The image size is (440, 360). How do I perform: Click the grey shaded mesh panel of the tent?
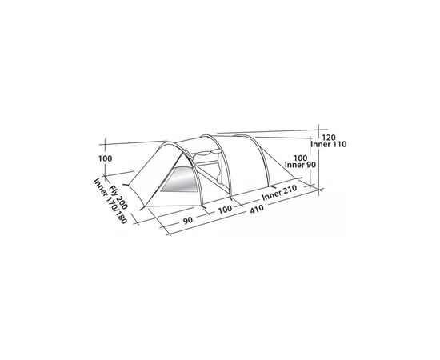179,180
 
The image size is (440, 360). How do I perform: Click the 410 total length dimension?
257,209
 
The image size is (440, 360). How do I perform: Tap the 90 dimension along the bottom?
188,220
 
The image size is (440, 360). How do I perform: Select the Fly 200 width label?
118,198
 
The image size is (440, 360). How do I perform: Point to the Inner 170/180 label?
110,201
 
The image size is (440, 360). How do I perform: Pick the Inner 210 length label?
279,193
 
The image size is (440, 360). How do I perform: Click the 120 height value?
328,138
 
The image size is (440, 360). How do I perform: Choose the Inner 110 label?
329,144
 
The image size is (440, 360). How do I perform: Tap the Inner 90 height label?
300,165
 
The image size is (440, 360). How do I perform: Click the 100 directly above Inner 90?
300,158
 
